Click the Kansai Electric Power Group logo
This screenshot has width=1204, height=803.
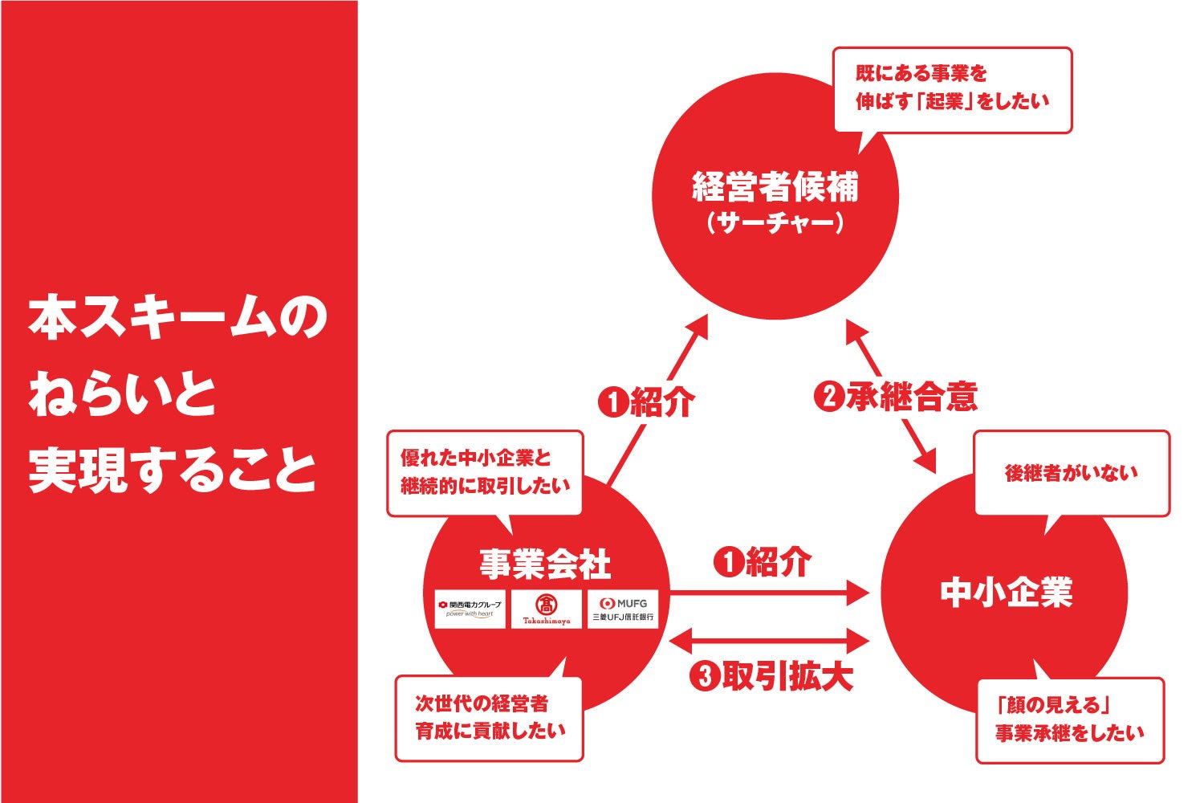(x=470, y=609)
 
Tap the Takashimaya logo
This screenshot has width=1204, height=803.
(x=546, y=609)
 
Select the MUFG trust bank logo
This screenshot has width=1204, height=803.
(x=623, y=609)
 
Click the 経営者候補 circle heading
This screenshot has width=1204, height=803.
(x=775, y=188)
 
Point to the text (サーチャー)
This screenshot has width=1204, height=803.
(x=775, y=222)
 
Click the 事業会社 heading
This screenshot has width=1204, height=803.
(x=545, y=564)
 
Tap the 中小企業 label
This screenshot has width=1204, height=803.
(x=1006, y=593)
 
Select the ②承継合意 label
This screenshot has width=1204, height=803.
(x=896, y=397)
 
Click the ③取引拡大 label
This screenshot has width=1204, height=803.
(x=771, y=677)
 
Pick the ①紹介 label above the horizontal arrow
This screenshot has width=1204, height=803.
(x=763, y=562)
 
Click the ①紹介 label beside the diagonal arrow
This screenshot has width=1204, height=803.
(x=646, y=401)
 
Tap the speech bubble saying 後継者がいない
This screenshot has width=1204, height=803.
(x=1072, y=473)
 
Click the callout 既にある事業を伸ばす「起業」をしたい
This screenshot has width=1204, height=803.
(x=953, y=88)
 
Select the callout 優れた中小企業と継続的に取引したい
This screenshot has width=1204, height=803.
(x=485, y=472)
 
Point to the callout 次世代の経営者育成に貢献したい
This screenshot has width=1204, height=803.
(x=489, y=718)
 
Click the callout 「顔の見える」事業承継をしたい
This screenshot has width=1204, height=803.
(x=1070, y=719)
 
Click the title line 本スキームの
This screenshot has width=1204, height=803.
(x=178, y=318)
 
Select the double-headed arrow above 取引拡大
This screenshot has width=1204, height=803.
(x=769, y=642)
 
